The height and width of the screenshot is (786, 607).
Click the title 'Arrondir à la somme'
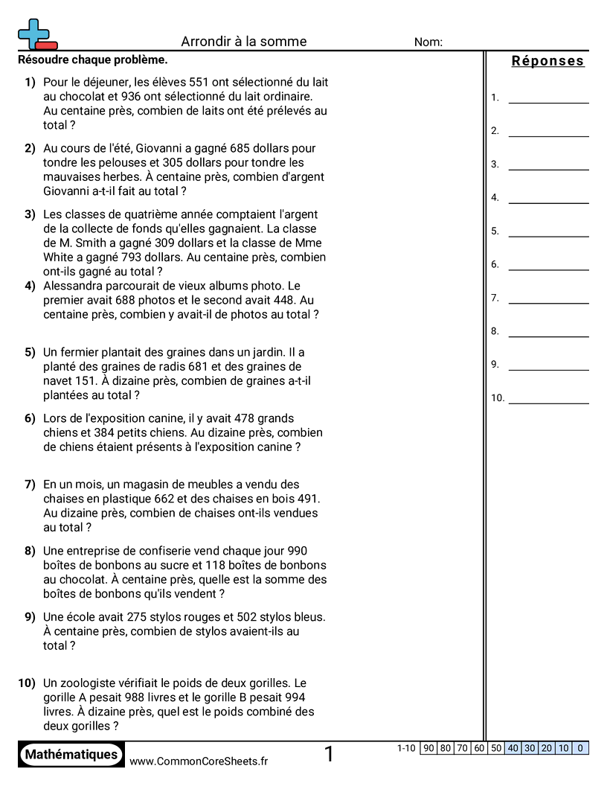(x=244, y=42)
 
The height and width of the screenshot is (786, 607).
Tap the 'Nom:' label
(x=428, y=42)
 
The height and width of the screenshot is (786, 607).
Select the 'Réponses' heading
(x=548, y=61)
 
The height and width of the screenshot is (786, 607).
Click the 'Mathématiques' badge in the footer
(x=71, y=755)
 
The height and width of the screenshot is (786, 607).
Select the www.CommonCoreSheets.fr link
(x=199, y=761)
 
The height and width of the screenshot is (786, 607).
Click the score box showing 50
(x=496, y=748)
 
